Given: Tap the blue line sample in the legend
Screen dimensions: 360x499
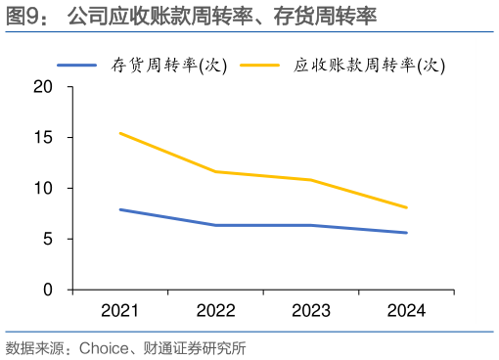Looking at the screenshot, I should (x=90, y=66).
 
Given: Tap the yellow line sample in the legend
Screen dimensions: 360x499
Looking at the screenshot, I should (x=262, y=66).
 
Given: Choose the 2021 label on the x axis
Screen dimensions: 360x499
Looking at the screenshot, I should (x=119, y=311).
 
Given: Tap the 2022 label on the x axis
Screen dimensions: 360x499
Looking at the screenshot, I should (x=215, y=311).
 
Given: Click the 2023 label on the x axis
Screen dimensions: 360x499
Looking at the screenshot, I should (x=311, y=311).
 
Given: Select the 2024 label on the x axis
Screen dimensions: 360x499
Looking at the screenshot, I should (x=406, y=311).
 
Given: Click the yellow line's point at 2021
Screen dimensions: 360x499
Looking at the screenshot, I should (x=119, y=133).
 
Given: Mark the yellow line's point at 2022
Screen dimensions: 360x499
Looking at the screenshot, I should (x=215, y=171).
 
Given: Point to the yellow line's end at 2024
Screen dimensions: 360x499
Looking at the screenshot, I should (x=406, y=207).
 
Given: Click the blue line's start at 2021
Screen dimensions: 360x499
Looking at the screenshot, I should (x=119, y=209).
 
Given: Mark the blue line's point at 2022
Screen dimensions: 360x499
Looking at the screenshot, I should (x=215, y=225).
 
